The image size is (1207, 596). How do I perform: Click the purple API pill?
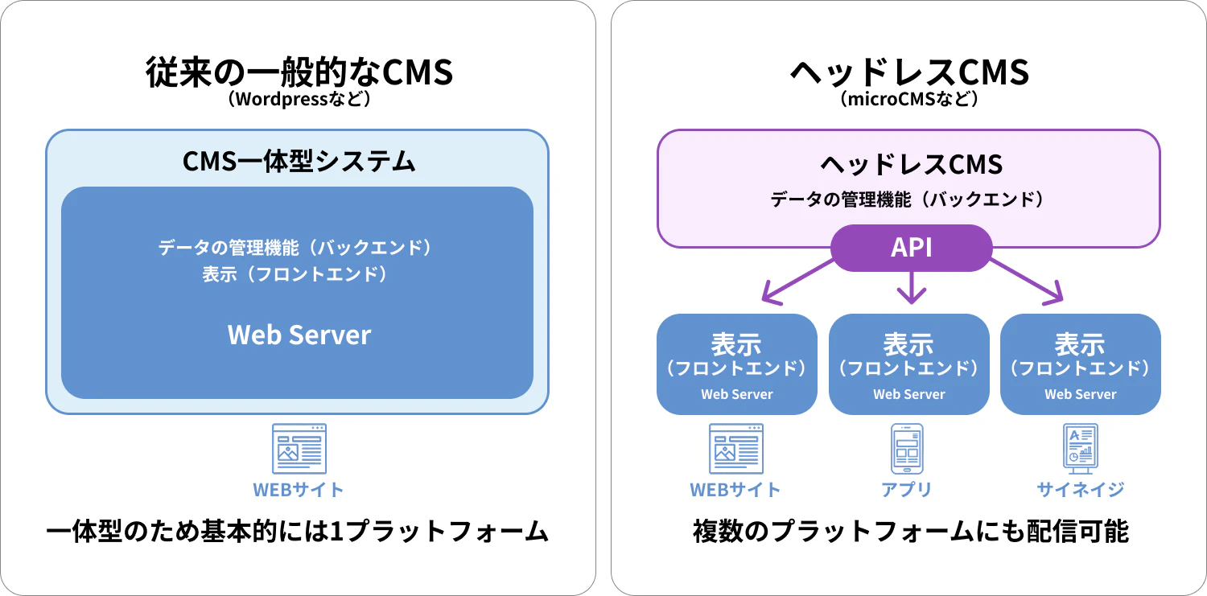911,248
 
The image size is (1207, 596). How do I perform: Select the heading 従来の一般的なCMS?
299,72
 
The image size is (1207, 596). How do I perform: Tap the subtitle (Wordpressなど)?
299,101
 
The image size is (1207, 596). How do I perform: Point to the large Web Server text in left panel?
299,335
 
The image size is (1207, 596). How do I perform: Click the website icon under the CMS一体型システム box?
299,449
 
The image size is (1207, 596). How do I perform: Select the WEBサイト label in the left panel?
299,489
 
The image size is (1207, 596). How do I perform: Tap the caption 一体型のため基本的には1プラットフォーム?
298,532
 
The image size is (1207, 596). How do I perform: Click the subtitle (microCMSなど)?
909,101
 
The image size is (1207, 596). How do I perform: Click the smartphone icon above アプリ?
907,449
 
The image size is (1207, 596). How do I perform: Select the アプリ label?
907,489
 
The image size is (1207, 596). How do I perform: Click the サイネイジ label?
1080,489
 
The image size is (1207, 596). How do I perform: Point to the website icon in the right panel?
736,449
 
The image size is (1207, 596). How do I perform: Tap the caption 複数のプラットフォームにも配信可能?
910,532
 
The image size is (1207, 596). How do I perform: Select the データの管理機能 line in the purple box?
909,199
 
